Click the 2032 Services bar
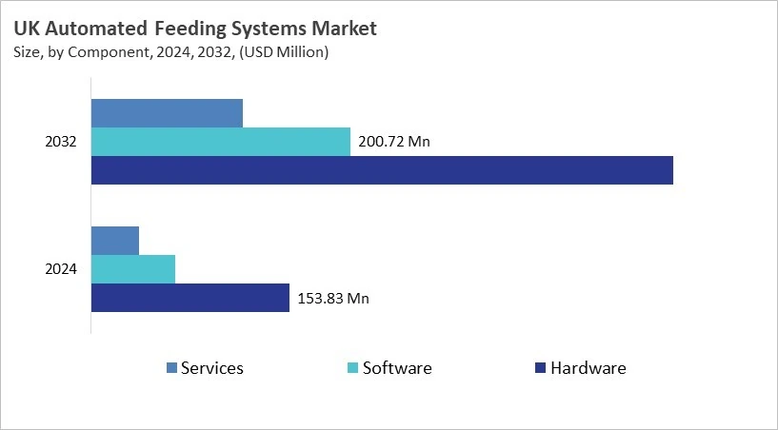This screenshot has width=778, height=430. tap(167, 113)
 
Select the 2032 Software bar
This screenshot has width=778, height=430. tap(220, 142)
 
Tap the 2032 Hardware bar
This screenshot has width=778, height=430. tap(382, 170)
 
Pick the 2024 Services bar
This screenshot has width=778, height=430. tap(115, 241)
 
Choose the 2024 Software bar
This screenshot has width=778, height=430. tap(133, 269)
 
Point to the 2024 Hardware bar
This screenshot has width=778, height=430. tap(190, 298)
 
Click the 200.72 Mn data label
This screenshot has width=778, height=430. tap(394, 143)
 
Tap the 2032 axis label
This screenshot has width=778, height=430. tap(62, 143)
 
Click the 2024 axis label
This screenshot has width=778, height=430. tap(62, 270)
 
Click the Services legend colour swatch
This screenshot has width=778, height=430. tap(171, 368)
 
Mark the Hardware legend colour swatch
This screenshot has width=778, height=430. tap(540, 368)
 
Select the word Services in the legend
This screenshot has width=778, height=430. tap(212, 368)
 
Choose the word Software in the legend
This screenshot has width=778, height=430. tap(397, 368)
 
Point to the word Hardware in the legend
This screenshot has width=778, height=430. tap(588, 368)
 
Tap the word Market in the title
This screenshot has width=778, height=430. tap(344, 29)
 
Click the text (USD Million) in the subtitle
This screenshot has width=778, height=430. tap(283, 52)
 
